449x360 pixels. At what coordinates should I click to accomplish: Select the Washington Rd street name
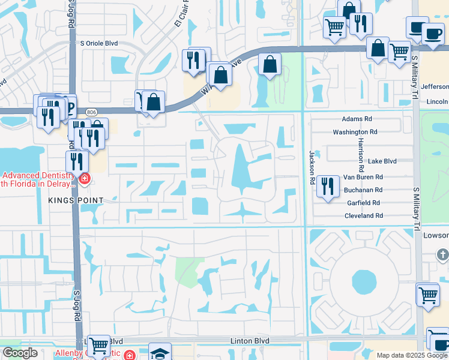pos(355,132)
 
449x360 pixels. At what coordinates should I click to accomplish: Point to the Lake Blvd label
pos(382,161)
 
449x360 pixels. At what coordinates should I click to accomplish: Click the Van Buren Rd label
pos(363,178)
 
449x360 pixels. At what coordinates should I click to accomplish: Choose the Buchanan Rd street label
pos(363,190)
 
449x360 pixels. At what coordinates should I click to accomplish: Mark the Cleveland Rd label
pos(363,216)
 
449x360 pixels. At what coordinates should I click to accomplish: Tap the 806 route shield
pos(91,112)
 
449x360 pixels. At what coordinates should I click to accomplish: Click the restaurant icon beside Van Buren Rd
pos(327,185)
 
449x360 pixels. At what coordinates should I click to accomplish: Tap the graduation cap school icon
pos(160,353)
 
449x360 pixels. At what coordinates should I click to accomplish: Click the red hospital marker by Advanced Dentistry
pos(85,178)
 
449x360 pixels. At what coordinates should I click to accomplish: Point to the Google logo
pos(20,353)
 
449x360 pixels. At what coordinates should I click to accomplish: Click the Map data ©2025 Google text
pos(412,355)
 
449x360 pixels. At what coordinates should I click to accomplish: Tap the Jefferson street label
pos(435,87)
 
